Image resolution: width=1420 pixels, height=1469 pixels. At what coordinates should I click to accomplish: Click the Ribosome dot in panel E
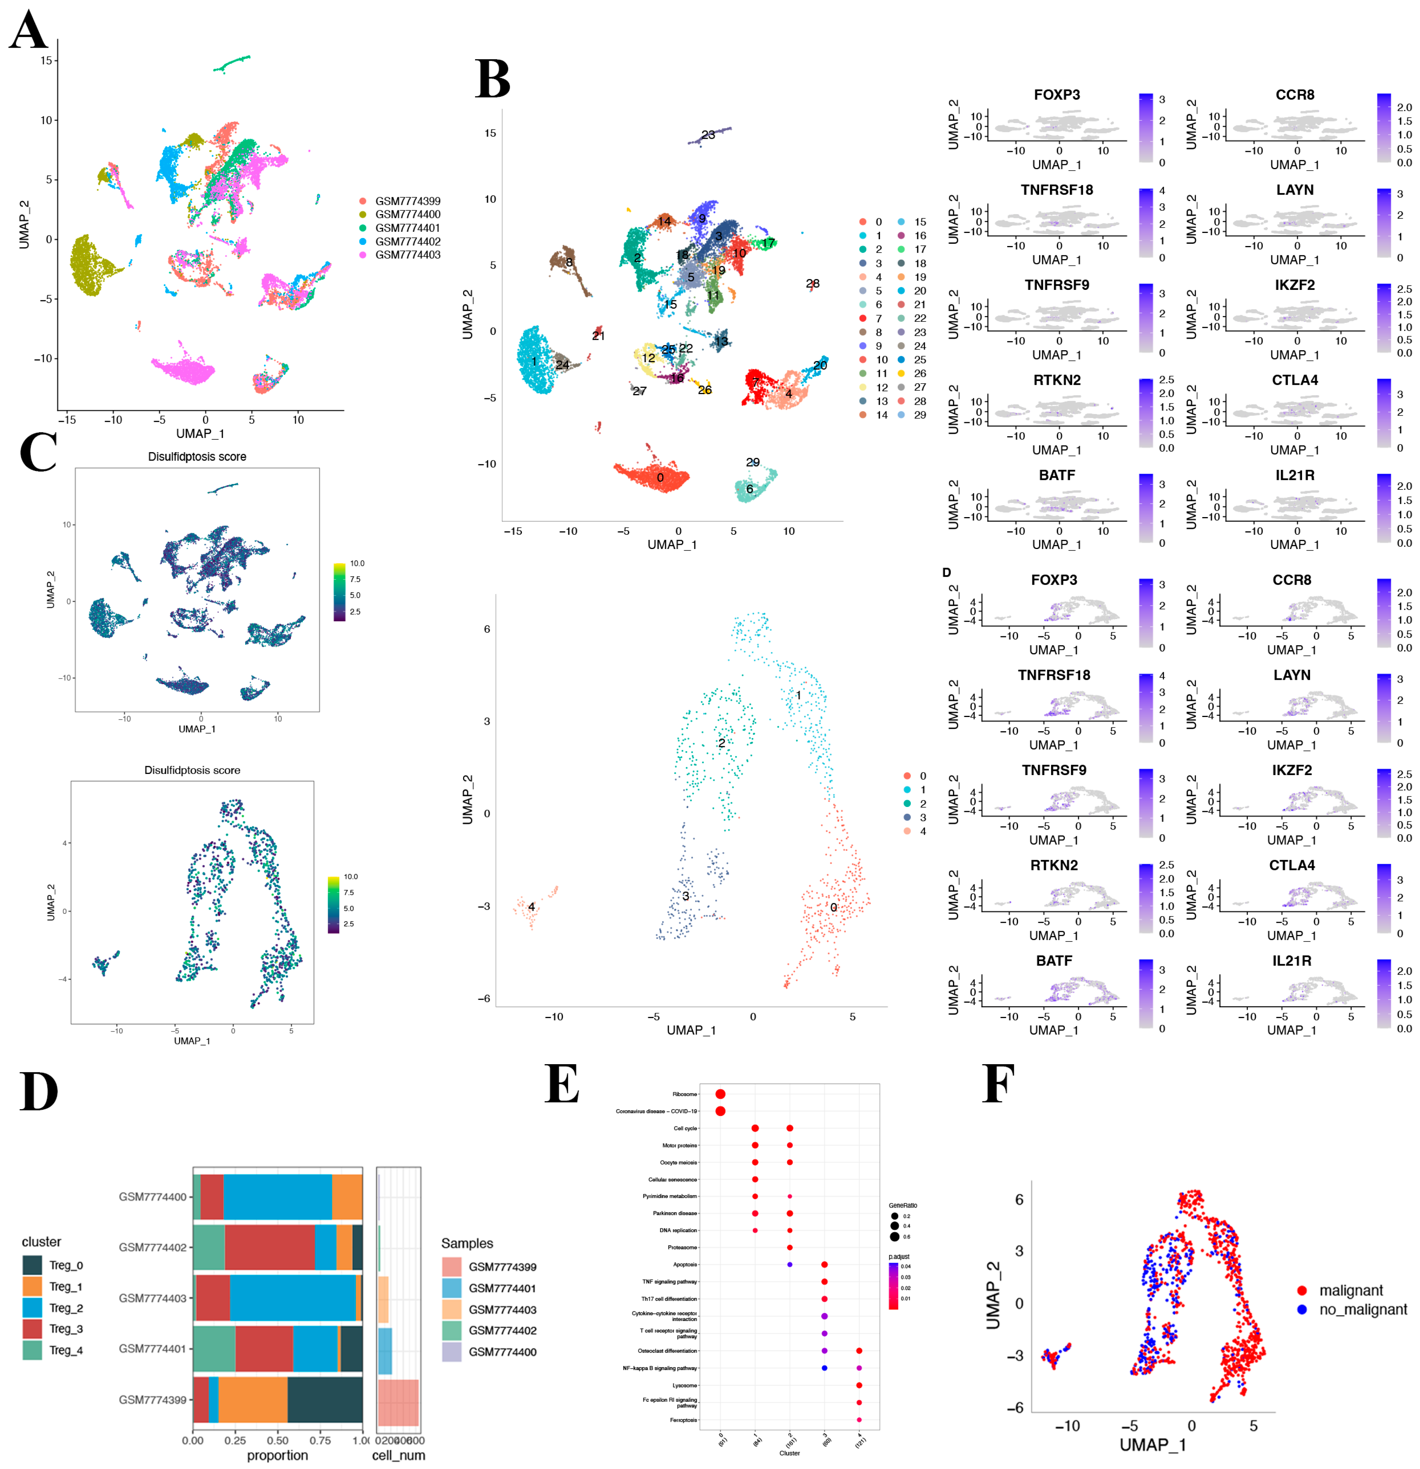pyautogui.click(x=720, y=1094)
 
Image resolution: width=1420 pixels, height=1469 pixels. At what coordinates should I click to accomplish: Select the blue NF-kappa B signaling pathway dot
pyautogui.click(x=824, y=1368)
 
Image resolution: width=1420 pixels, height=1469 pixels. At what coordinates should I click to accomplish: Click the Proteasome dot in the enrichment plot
pyautogui.click(x=790, y=1247)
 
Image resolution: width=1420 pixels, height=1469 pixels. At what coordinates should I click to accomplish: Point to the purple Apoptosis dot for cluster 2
pyautogui.click(x=790, y=1264)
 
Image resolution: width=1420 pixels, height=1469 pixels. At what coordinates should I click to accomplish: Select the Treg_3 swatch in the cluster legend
pyautogui.click(x=32, y=1329)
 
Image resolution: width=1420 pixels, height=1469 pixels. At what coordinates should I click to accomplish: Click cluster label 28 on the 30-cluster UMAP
pyautogui.click(x=812, y=283)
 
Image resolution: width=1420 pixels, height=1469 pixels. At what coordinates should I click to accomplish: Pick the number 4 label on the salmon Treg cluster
pyautogui.click(x=531, y=907)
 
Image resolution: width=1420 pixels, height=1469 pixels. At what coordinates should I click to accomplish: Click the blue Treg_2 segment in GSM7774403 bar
pyautogui.click(x=292, y=1298)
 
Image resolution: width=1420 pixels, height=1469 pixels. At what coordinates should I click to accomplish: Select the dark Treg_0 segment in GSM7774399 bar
pyautogui.click(x=324, y=1399)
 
